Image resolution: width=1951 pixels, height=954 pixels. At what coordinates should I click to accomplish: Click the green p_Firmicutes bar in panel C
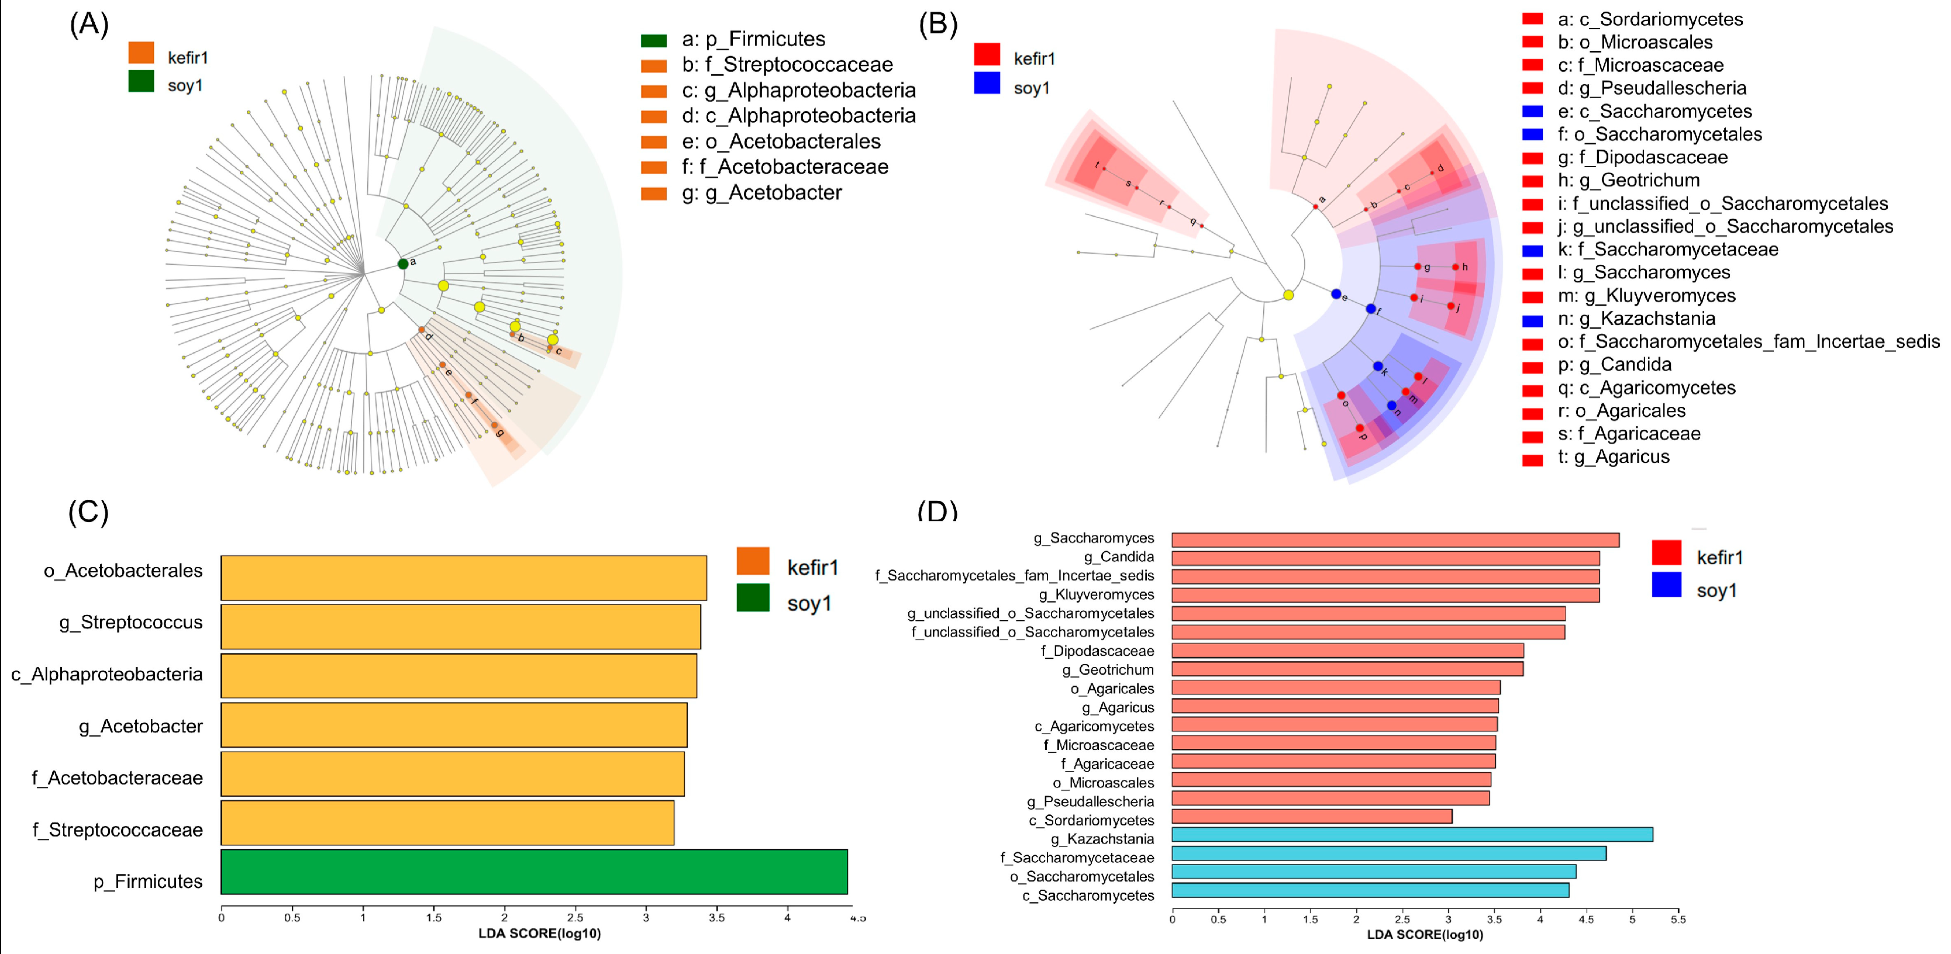tap(534, 872)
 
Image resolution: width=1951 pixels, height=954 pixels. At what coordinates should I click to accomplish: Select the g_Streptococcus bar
tap(460, 626)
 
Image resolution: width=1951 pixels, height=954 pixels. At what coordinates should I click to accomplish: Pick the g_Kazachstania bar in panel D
tap(1412, 834)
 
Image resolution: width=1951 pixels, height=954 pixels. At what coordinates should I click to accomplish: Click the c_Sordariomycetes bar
tap(1312, 816)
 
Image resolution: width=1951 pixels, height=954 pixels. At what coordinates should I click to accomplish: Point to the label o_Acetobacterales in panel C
tap(123, 571)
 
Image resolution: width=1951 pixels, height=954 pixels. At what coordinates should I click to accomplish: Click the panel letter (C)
tap(89, 512)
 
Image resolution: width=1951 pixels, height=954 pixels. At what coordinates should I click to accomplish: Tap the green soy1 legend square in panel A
tap(141, 81)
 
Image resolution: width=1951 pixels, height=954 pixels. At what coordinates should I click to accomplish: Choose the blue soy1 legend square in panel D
tap(1666, 585)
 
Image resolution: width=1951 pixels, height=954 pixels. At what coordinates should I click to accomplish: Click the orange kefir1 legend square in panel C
tap(752, 561)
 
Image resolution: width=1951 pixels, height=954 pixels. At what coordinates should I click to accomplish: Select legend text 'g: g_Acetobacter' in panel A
tap(761, 193)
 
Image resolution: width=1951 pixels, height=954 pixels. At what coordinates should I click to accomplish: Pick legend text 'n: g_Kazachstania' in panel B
tap(1636, 319)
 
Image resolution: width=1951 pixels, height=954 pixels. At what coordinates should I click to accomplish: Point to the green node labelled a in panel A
tap(403, 264)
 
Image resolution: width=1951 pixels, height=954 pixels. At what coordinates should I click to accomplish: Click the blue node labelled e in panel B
tap(1336, 294)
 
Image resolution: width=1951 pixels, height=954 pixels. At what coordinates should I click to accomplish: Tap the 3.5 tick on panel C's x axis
tap(716, 918)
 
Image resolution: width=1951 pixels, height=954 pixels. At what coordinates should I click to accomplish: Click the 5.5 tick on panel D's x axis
tap(1678, 919)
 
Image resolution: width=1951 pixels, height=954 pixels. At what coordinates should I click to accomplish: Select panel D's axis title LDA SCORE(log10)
tap(1425, 934)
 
